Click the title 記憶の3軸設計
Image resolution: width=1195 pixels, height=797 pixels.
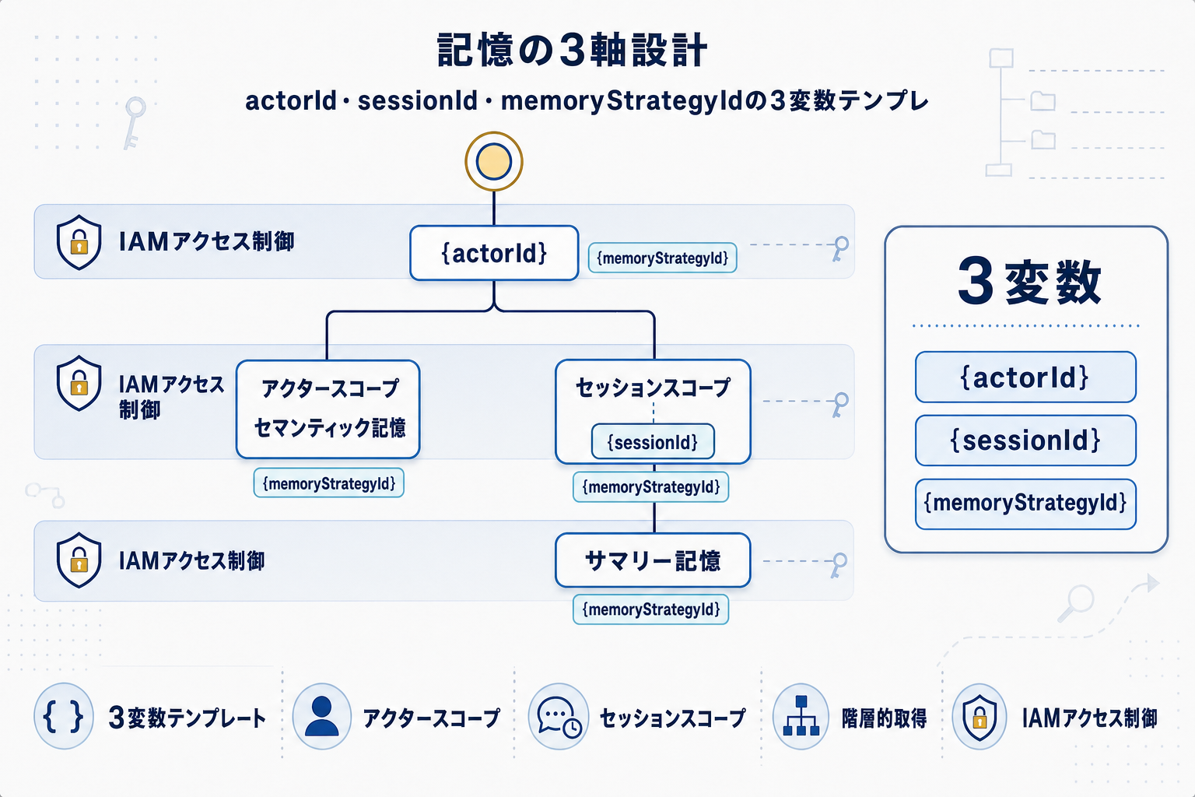point(572,51)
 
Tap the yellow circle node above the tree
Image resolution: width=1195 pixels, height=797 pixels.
point(494,162)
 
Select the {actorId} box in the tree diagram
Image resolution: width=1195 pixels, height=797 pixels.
point(494,253)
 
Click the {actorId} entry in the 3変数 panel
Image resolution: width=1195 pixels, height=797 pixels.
point(1025,377)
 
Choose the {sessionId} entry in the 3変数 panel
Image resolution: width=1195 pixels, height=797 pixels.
point(1025,441)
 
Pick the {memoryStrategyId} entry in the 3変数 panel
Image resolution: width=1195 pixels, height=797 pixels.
point(1025,504)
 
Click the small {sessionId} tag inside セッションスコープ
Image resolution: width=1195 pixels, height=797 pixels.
point(653,442)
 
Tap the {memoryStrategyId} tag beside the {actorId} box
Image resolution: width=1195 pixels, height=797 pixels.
point(662,258)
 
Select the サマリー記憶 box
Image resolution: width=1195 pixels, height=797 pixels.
point(653,560)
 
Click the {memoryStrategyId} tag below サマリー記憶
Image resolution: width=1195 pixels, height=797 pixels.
point(651,609)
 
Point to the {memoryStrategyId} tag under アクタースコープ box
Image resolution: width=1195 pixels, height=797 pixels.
point(328,483)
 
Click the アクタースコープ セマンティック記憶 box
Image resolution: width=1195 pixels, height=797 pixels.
point(328,409)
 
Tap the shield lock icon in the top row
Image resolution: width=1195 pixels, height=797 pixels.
point(79,242)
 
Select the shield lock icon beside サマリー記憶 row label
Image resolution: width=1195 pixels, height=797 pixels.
point(79,560)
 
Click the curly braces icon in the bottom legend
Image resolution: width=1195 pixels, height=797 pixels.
point(64,716)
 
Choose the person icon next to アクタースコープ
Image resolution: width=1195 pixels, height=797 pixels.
point(322,716)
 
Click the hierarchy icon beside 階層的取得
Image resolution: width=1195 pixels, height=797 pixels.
point(801,716)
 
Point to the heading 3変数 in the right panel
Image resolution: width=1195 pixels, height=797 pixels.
point(1029,282)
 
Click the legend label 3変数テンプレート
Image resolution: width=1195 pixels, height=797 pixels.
point(187,718)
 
